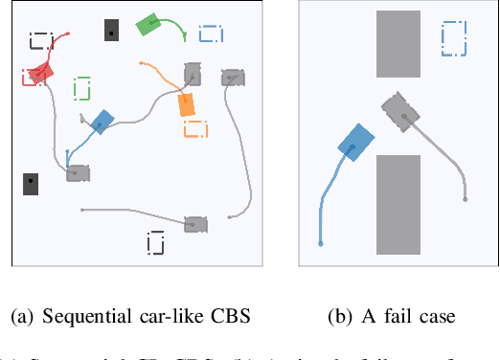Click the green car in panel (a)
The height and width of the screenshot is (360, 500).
pyautogui.click(x=149, y=25)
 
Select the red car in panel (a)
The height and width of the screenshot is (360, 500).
pyautogui.click(x=39, y=74)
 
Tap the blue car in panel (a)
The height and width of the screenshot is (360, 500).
pyautogui.click(x=102, y=121)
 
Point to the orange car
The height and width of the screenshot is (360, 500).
pyautogui.click(x=187, y=104)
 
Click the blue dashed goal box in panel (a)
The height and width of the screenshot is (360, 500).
pyautogui.click(x=211, y=34)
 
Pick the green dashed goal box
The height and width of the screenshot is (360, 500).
pyautogui.click(x=82, y=88)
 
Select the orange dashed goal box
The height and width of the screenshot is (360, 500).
pyautogui.click(x=195, y=128)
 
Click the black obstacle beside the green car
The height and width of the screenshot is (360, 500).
pyautogui.click(x=112, y=31)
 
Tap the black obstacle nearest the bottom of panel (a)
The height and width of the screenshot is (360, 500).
pyautogui.click(x=32, y=183)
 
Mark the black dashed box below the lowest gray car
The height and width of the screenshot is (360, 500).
pyautogui.click(x=156, y=243)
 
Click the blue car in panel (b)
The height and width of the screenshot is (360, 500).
pyautogui.click(x=354, y=144)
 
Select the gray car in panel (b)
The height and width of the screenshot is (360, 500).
pyautogui.click(x=401, y=111)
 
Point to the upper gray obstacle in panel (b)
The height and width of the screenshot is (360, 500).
pyautogui.click(x=398, y=44)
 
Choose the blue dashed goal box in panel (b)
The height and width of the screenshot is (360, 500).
pyautogui.click(x=454, y=37)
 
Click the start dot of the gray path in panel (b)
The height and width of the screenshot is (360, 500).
pyautogui.click(x=466, y=200)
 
